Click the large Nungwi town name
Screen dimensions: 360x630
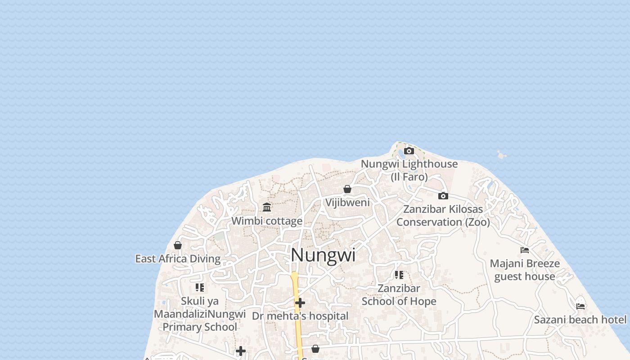click(323, 255)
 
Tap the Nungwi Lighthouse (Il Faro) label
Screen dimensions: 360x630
click(409, 170)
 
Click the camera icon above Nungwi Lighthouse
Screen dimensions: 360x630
click(409, 151)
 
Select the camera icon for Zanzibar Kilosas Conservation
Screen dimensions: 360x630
click(443, 196)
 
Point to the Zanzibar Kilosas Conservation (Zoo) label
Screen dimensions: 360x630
click(443, 216)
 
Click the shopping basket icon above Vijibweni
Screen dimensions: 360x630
click(347, 189)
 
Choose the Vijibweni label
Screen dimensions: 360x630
click(347, 202)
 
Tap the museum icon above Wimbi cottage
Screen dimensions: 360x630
click(267, 207)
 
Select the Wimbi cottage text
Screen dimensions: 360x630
click(267, 221)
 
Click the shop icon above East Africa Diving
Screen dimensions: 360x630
click(178, 245)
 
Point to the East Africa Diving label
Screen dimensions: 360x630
click(178, 259)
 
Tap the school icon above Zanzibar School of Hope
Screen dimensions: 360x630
click(399, 274)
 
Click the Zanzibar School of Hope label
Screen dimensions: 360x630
click(399, 295)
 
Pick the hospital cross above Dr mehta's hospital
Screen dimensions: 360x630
click(300, 303)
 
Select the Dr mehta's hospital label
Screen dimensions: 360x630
click(300, 316)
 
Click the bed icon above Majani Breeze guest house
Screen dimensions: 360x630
click(525, 250)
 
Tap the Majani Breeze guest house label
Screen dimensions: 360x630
click(525, 270)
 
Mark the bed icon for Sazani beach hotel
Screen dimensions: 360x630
click(580, 306)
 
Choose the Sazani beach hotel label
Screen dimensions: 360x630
click(580, 320)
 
